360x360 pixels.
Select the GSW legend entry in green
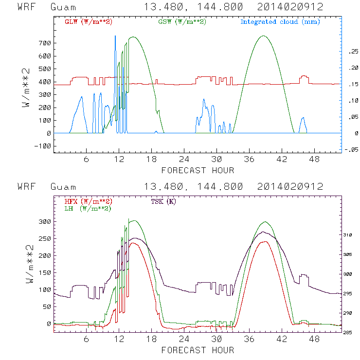point(182,22)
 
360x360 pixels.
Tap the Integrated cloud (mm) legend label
point(280,22)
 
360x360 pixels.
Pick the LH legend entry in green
point(88,208)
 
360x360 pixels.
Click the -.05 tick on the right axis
point(351,150)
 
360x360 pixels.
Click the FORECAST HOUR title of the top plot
point(198,170)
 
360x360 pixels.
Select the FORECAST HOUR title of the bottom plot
point(198,350)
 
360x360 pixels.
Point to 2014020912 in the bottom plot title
point(290,187)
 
